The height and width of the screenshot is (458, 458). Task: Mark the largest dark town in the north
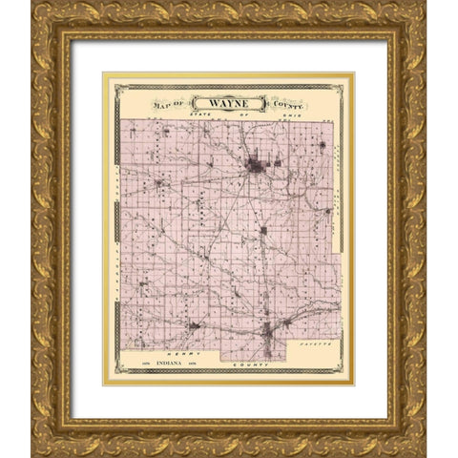point(255,166)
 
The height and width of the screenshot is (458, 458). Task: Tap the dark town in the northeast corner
point(322,145)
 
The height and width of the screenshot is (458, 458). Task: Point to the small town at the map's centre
point(263,230)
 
